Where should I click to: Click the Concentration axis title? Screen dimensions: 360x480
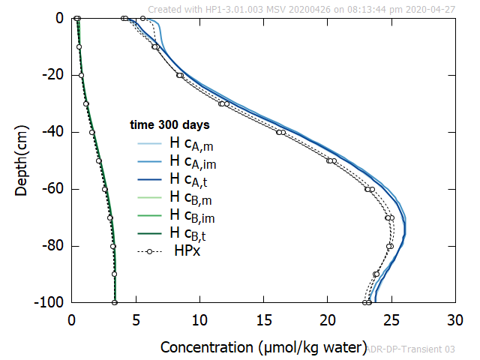click(x=260, y=347)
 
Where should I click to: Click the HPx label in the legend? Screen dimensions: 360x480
click(x=187, y=250)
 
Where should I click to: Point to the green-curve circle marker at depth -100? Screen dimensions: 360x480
click(x=115, y=302)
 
